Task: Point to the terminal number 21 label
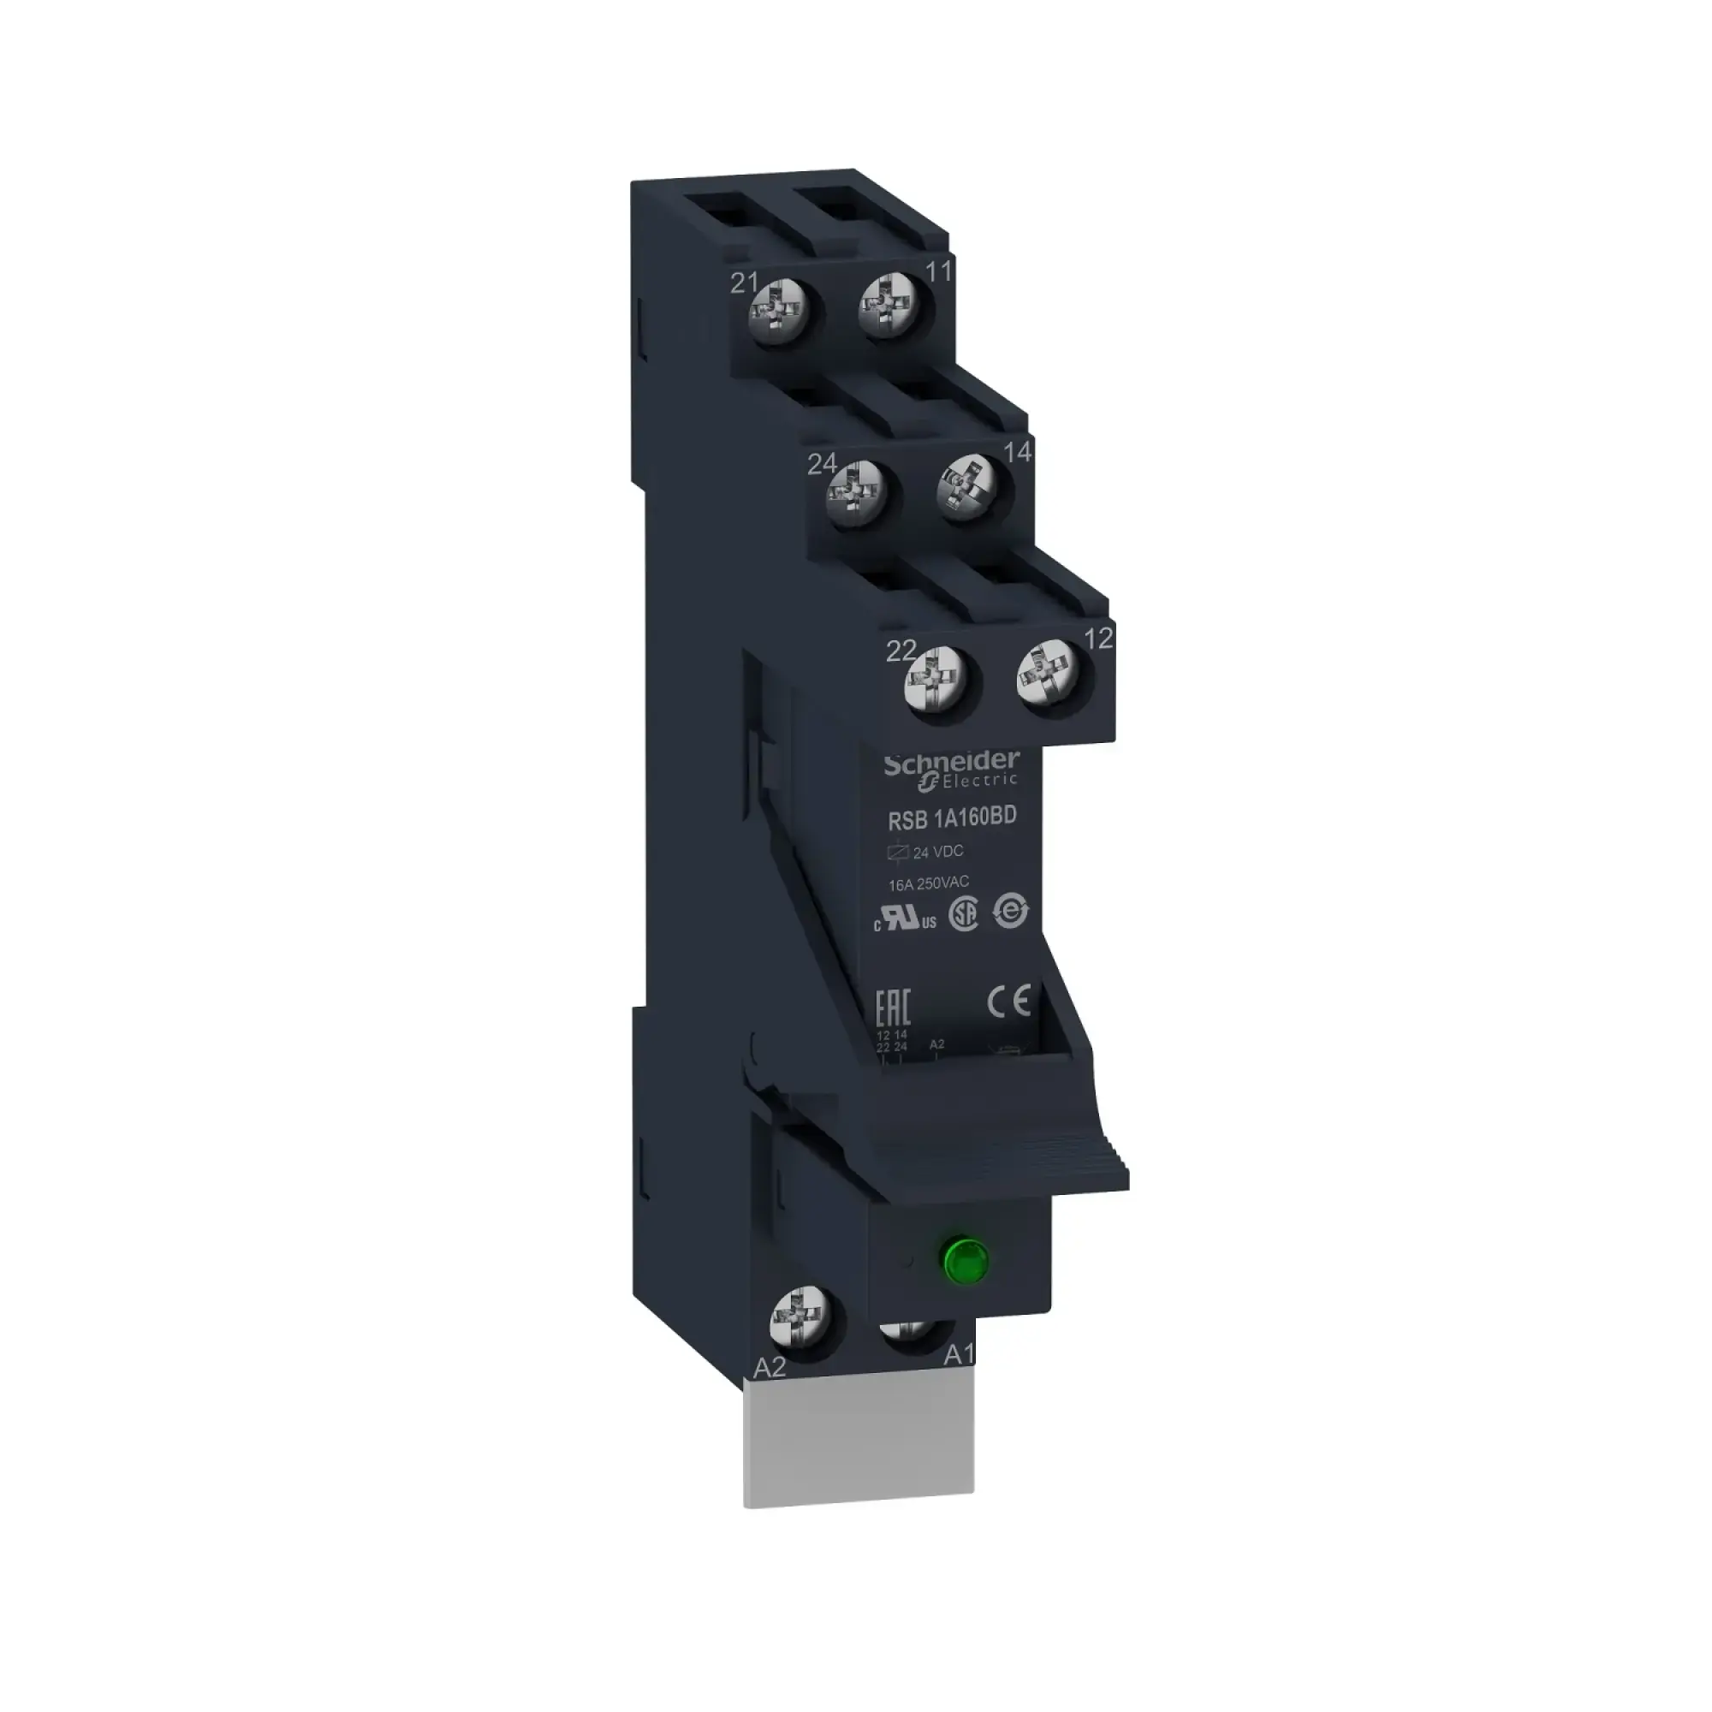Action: pos(745,282)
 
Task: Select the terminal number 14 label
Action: pos(1017,452)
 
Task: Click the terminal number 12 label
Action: pos(1098,638)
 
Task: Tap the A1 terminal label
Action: pos(959,1380)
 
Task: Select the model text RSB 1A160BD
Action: pos(952,820)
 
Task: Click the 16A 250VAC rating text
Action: pos(929,883)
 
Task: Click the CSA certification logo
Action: pos(963,916)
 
